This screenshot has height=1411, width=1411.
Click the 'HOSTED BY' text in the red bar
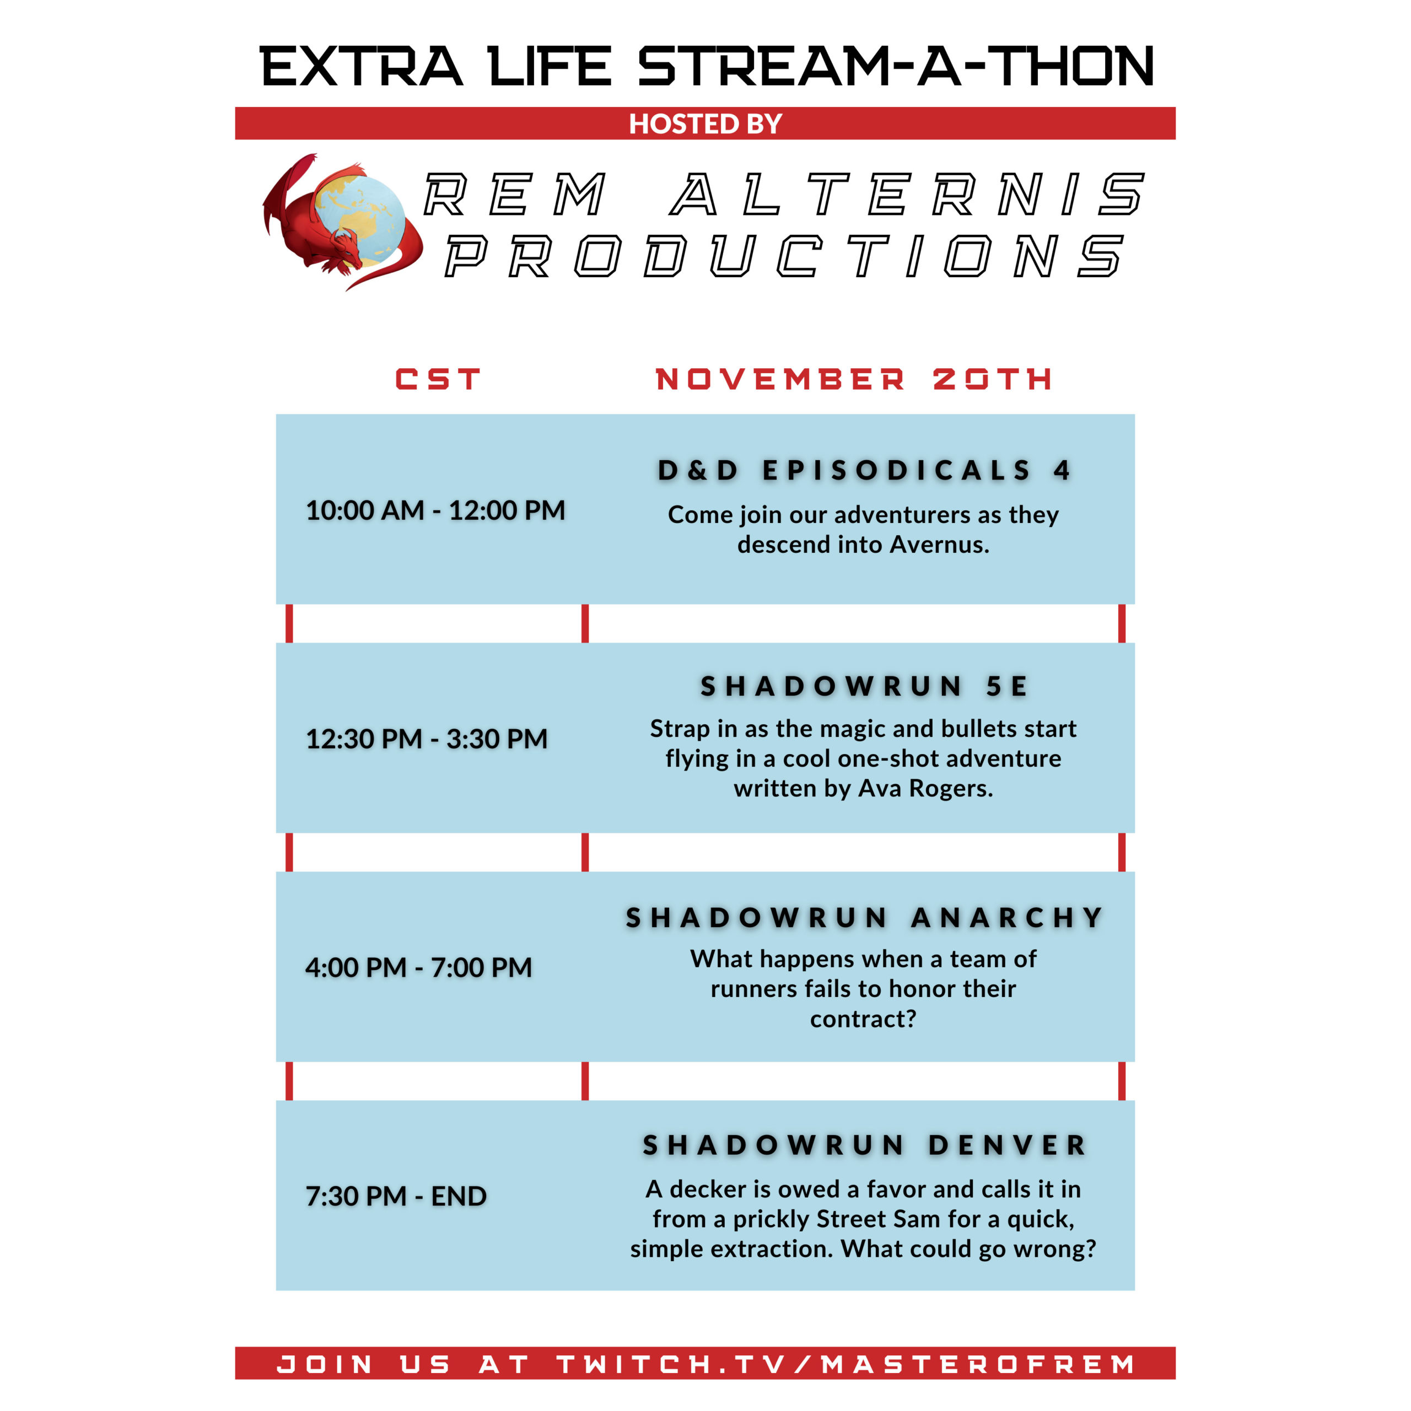[705, 123]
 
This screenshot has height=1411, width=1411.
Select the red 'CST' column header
[438, 379]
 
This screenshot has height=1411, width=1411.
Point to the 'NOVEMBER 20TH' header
[854, 379]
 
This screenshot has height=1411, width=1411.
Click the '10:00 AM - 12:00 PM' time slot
[435, 510]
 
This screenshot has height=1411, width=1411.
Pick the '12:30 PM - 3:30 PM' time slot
[427, 739]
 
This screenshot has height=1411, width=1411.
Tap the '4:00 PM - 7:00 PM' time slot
[418, 967]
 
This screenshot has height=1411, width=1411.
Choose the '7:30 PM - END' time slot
[396, 1195]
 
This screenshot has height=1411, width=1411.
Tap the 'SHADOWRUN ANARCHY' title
[864, 917]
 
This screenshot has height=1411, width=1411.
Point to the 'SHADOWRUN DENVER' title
[864, 1145]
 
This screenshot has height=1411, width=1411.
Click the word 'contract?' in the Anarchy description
[863, 1019]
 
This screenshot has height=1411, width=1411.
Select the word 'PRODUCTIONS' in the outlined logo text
[784, 256]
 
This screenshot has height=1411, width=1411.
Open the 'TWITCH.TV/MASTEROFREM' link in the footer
[847, 1364]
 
